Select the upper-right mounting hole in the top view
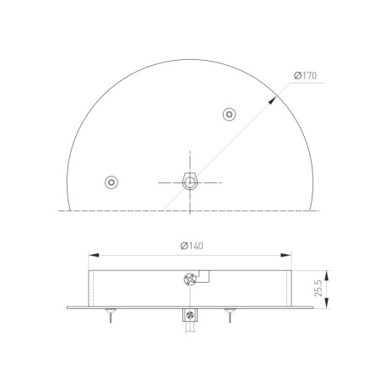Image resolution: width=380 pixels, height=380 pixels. point(228,114)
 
